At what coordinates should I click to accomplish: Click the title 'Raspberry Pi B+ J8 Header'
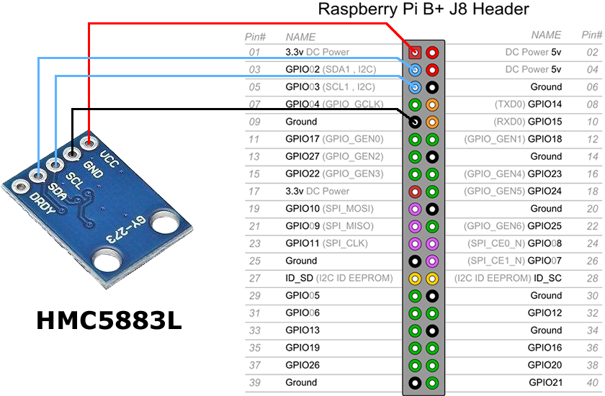click(x=423, y=10)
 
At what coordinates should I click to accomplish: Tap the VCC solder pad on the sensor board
click(x=89, y=140)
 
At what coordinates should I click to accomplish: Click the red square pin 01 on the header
click(x=415, y=53)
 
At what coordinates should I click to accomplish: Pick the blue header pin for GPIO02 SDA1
click(x=415, y=70)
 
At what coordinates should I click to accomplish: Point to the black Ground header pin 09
click(x=415, y=122)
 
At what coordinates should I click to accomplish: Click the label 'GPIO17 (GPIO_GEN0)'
click(x=334, y=139)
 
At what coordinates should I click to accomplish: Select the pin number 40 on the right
click(x=591, y=382)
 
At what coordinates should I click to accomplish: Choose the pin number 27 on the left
click(x=254, y=278)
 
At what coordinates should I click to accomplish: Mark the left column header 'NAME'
click(x=300, y=36)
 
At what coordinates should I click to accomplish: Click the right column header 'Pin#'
click(x=591, y=35)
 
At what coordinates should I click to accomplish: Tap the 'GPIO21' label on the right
click(x=544, y=382)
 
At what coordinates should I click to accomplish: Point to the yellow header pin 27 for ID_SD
click(x=415, y=278)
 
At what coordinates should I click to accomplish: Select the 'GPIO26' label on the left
click(x=302, y=365)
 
